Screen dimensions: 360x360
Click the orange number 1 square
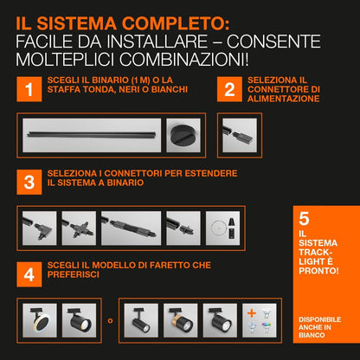29,89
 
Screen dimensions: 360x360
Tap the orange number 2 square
229,89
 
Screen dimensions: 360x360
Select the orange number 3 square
29,182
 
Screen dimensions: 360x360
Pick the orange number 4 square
29,274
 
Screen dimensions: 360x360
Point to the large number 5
304,219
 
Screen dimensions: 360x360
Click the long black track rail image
92,135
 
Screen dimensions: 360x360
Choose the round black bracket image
183,135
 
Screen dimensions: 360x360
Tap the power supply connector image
240,135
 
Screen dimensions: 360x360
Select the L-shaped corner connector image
39,228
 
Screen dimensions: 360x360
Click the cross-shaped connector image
79,228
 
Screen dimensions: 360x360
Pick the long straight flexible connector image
131,228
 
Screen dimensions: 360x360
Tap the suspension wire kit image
222,228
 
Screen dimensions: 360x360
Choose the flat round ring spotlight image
40,320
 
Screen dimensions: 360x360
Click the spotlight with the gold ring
180,320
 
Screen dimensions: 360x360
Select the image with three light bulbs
260,320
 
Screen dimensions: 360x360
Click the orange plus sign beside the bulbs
252,313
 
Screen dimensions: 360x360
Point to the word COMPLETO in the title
176,23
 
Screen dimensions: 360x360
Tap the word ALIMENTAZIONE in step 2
283,99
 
